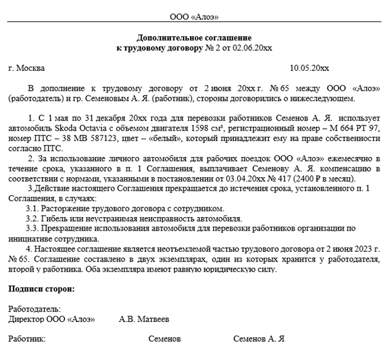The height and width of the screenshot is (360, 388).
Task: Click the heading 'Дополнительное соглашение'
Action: (x=194, y=38)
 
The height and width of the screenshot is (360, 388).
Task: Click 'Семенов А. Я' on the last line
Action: (x=259, y=339)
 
